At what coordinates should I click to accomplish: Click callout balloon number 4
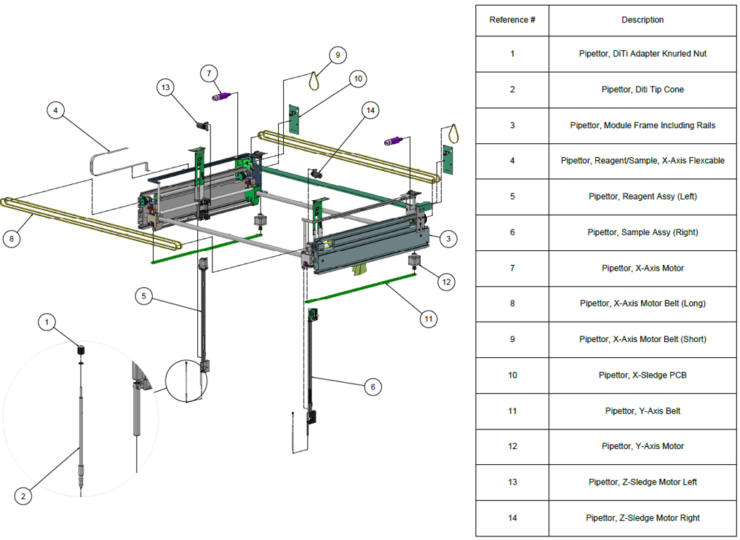[56, 111]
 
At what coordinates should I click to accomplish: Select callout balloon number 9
[338, 55]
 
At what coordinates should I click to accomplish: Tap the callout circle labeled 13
[166, 87]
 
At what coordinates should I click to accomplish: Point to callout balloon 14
[371, 111]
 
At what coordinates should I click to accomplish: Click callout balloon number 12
[446, 282]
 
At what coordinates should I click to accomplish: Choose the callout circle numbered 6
[373, 387]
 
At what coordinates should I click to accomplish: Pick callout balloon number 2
[23, 496]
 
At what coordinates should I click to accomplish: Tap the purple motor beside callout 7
[221, 96]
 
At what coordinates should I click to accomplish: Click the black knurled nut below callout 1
[81, 350]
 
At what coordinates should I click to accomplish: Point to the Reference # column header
[512, 20]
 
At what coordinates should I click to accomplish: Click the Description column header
[642, 20]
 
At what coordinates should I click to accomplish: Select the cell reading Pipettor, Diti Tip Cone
[642, 90]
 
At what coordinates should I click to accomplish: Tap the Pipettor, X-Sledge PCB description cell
[642, 376]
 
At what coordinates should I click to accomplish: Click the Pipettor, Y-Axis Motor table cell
[642, 446]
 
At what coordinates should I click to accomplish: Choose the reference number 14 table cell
[512, 518]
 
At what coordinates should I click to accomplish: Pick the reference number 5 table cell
[512, 196]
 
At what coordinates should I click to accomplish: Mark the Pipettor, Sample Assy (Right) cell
[642, 232]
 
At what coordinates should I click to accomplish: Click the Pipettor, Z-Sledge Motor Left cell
[642, 482]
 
